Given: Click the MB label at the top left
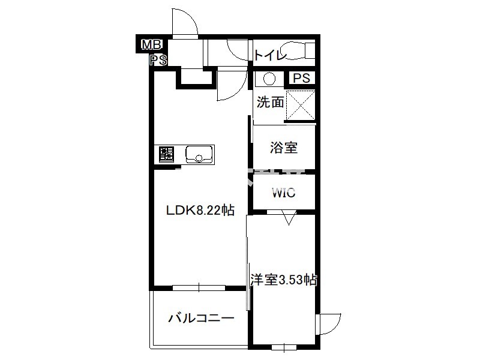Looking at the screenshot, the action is click(151, 46).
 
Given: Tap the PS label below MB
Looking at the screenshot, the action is click(158, 60).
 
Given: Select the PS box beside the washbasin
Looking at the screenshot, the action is click(302, 78).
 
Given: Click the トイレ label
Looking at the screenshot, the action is click(270, 56).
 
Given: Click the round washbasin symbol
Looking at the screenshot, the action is click(269, 79).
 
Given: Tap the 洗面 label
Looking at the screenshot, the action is click(270, 102).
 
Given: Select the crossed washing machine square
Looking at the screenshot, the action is click(301, 105).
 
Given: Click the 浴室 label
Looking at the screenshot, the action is click(284, 147).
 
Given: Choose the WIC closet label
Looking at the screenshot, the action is click(284, 193).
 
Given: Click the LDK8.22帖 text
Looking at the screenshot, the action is click(200, 211).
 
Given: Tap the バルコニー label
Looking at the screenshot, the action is click(201, 319).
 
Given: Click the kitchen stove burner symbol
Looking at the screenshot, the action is click(167, 154).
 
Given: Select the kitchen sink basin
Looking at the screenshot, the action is click(199, 154).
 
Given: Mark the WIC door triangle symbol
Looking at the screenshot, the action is click(289, 217).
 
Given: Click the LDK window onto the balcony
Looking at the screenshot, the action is click(199, 288).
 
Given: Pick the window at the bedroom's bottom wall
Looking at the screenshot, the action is click(284, 347).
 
